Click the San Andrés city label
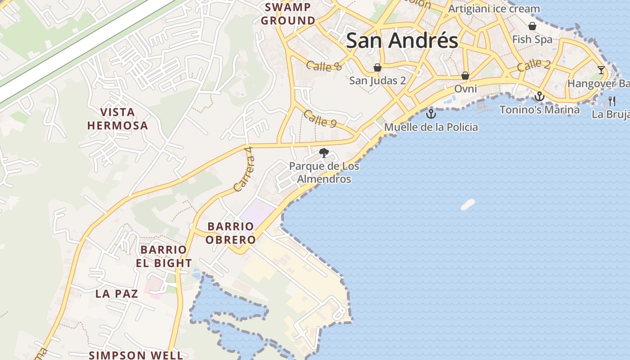pos(402,40)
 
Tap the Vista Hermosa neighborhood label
pos(117,119)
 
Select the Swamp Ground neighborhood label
pos(288,14)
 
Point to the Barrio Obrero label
pos(230,233)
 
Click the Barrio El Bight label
pos(164,256)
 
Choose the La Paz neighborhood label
pos(117,294)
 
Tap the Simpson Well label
pos(135,355)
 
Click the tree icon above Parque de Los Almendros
pos(324,153)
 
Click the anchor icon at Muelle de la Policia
pos(431,113)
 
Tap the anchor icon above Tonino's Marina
pos(539,96)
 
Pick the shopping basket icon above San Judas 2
pos(378,67)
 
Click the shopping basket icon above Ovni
pos(465,76)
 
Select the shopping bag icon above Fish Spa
pos(532,26)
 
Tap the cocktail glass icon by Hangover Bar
pos(601,70)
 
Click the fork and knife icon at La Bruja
pos(612,101)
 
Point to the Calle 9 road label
pos(320,119)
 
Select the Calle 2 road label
pos(533,65)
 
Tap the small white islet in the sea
pos(468,205)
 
